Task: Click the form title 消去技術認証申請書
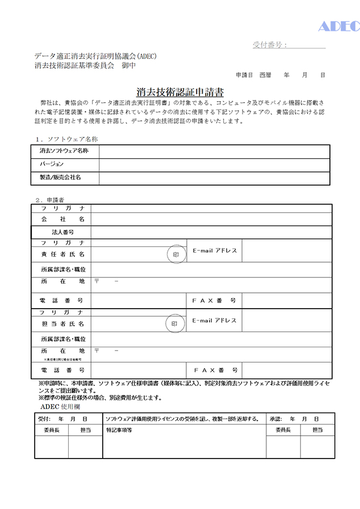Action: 180,92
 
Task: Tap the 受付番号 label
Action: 270,45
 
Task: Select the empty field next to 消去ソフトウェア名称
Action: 214,152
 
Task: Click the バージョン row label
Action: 52,165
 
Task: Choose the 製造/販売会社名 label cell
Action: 60,178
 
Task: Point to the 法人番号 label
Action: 63,232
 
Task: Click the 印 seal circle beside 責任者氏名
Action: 175,255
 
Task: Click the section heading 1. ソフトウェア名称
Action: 67,138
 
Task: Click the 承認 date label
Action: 275,419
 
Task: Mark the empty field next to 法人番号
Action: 211,232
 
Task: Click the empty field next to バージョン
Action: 214,165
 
